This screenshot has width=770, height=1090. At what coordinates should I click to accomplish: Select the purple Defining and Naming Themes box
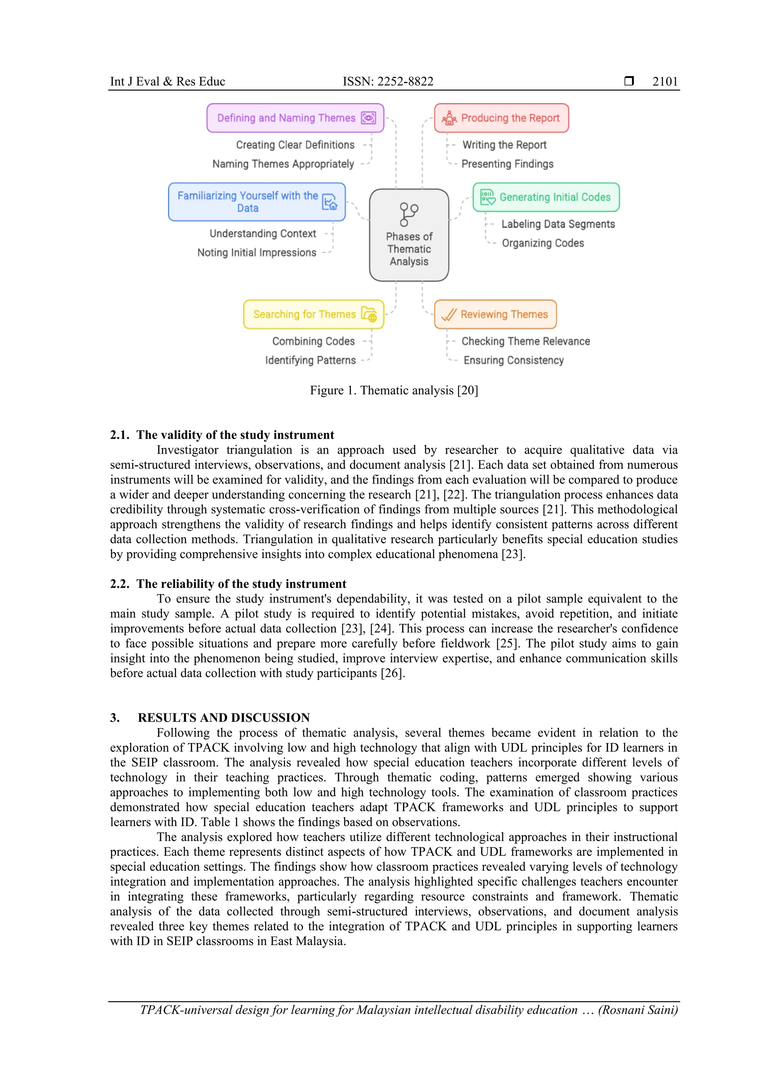click(x=295, y=118)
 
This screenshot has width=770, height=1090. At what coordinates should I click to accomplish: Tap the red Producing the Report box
click(x=501, y=118)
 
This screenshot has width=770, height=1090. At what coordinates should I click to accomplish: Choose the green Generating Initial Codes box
click(x=546, y=197)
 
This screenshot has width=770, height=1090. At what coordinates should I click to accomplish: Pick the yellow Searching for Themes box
click(x=313, y=314)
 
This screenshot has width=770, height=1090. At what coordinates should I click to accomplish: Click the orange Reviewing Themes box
click(x=495, y=314)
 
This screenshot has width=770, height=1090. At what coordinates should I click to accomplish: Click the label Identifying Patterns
click(x=310, y=360)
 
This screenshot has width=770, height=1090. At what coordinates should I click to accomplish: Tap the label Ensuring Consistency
click(x=513, y=360)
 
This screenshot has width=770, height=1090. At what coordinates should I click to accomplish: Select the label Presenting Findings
click(x=507, y=164)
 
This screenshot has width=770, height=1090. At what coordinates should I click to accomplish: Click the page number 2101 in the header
click(x=665, y=82)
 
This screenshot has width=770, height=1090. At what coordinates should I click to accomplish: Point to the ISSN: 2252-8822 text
click(x=388, y=82)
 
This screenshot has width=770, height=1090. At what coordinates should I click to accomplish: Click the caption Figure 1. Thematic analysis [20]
click(x=394, y=390)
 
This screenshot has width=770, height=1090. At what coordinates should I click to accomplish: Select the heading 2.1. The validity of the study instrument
click(x=222, y=435)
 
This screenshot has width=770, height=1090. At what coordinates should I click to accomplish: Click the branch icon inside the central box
click(x=408, y=214)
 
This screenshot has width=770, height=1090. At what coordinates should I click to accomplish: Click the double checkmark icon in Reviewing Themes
click(x=449, y=315)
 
